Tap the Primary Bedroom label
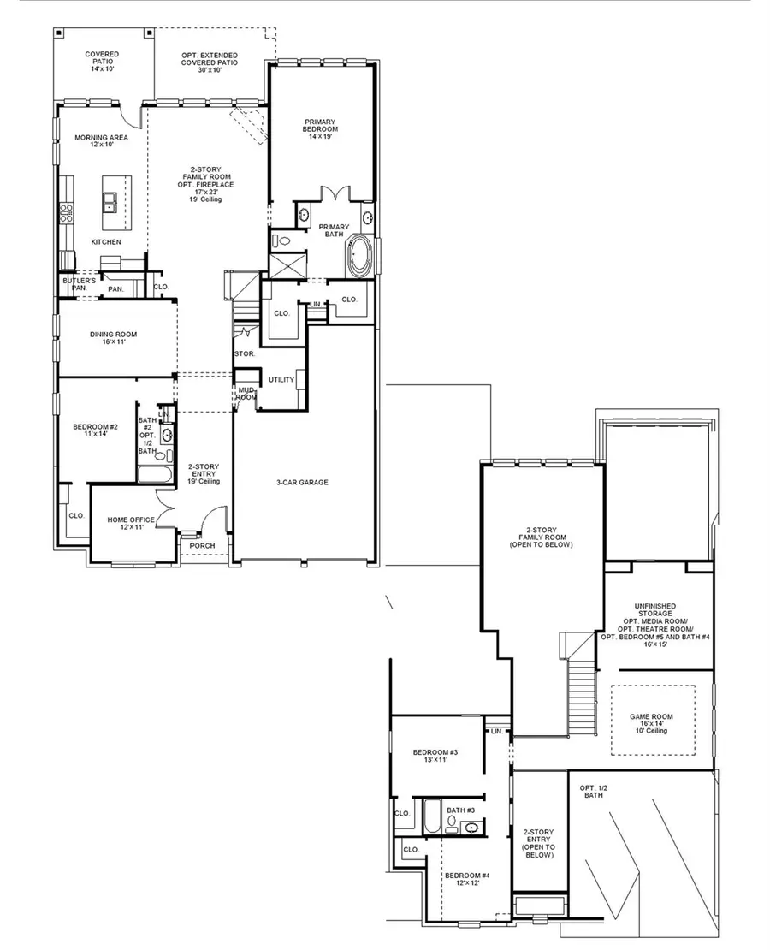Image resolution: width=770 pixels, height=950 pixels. (321, 128)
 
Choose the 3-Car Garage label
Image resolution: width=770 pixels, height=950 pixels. (302, 482)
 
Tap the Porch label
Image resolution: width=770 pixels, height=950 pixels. (202, 546)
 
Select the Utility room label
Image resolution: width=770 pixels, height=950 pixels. (281, 380)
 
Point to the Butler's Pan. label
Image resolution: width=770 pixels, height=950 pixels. (76, 285)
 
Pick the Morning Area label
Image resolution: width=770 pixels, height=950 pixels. (101, 141)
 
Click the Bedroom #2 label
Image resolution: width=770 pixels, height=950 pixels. (95, 430)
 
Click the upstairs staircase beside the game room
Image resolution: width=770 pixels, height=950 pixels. (583, 698)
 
